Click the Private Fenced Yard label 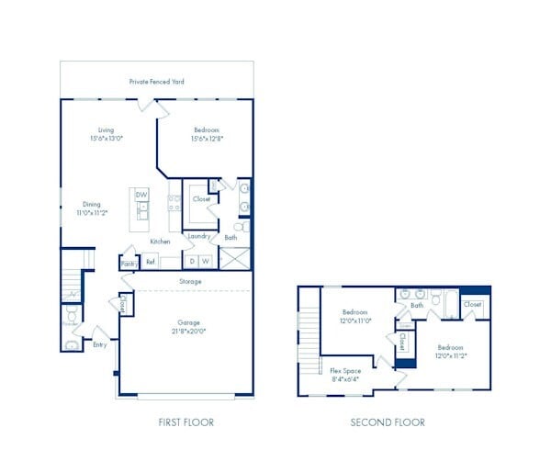(x=156, y=82)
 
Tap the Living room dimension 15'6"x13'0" (x=107, y=140)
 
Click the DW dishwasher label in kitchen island (x=141, y=195)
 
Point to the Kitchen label (x=161, y=241)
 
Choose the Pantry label (x=128, y=264)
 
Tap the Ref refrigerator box (x=150, y=262)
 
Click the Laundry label (x=199, y=237)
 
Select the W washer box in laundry (x=207, y=261)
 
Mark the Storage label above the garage (x=190, y=282)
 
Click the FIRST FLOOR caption (x=187, y=422)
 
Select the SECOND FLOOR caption (x=388, y=422)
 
